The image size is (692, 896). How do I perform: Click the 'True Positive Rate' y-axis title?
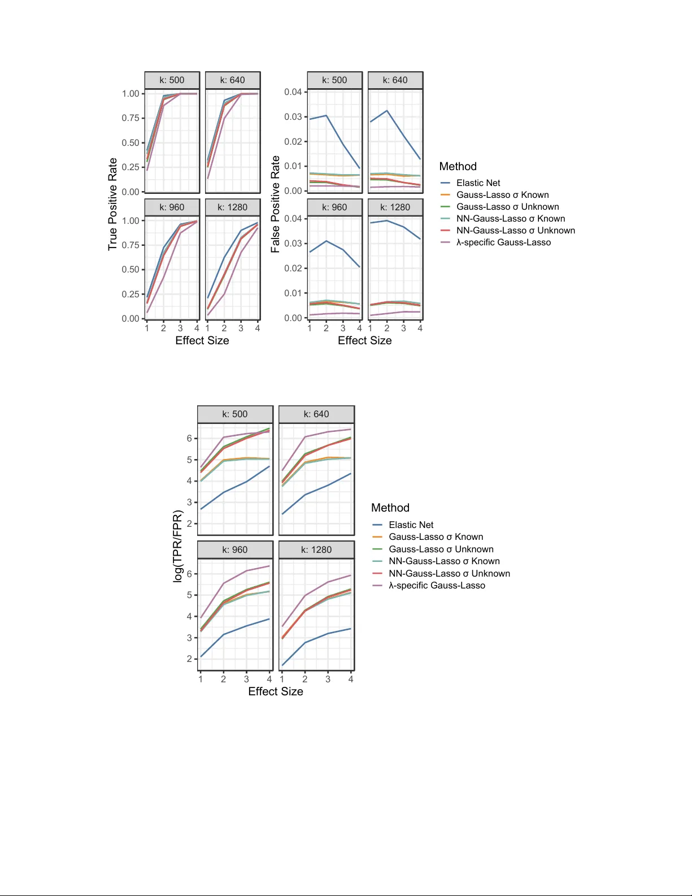coord(113,204)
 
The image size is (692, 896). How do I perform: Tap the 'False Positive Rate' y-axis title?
coord(276,204)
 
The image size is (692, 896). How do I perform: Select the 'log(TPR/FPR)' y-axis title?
coord(178,546)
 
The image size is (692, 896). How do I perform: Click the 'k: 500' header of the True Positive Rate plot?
coord(172,80)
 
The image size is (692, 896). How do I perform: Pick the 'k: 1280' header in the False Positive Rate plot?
coord(395,207)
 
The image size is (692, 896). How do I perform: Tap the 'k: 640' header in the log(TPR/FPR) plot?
coord(316,414)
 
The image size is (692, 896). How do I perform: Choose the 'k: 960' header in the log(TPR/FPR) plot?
coord(235,550)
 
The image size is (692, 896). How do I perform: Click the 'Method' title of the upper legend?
coord(458,167)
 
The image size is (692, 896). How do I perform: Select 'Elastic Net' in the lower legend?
coord(411,525)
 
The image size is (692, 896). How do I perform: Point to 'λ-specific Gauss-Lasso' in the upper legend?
coord(503,243)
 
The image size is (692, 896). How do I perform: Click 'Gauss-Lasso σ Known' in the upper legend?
coord(502,195)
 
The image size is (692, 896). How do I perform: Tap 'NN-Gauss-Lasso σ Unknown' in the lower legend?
coord(449,574)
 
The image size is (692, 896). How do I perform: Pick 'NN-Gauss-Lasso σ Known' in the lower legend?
coord(444,561)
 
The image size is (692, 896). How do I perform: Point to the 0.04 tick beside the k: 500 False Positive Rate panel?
coord(293,92)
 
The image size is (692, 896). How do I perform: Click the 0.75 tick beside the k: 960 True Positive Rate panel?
coord(130,245)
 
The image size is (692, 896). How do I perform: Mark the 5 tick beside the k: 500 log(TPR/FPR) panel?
coord(190,460)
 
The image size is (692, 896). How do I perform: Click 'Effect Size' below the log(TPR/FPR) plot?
coord(276,692)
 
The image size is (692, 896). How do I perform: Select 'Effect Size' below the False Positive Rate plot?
coord(365,341)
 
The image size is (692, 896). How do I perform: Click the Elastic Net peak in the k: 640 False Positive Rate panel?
coord(387,111)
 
